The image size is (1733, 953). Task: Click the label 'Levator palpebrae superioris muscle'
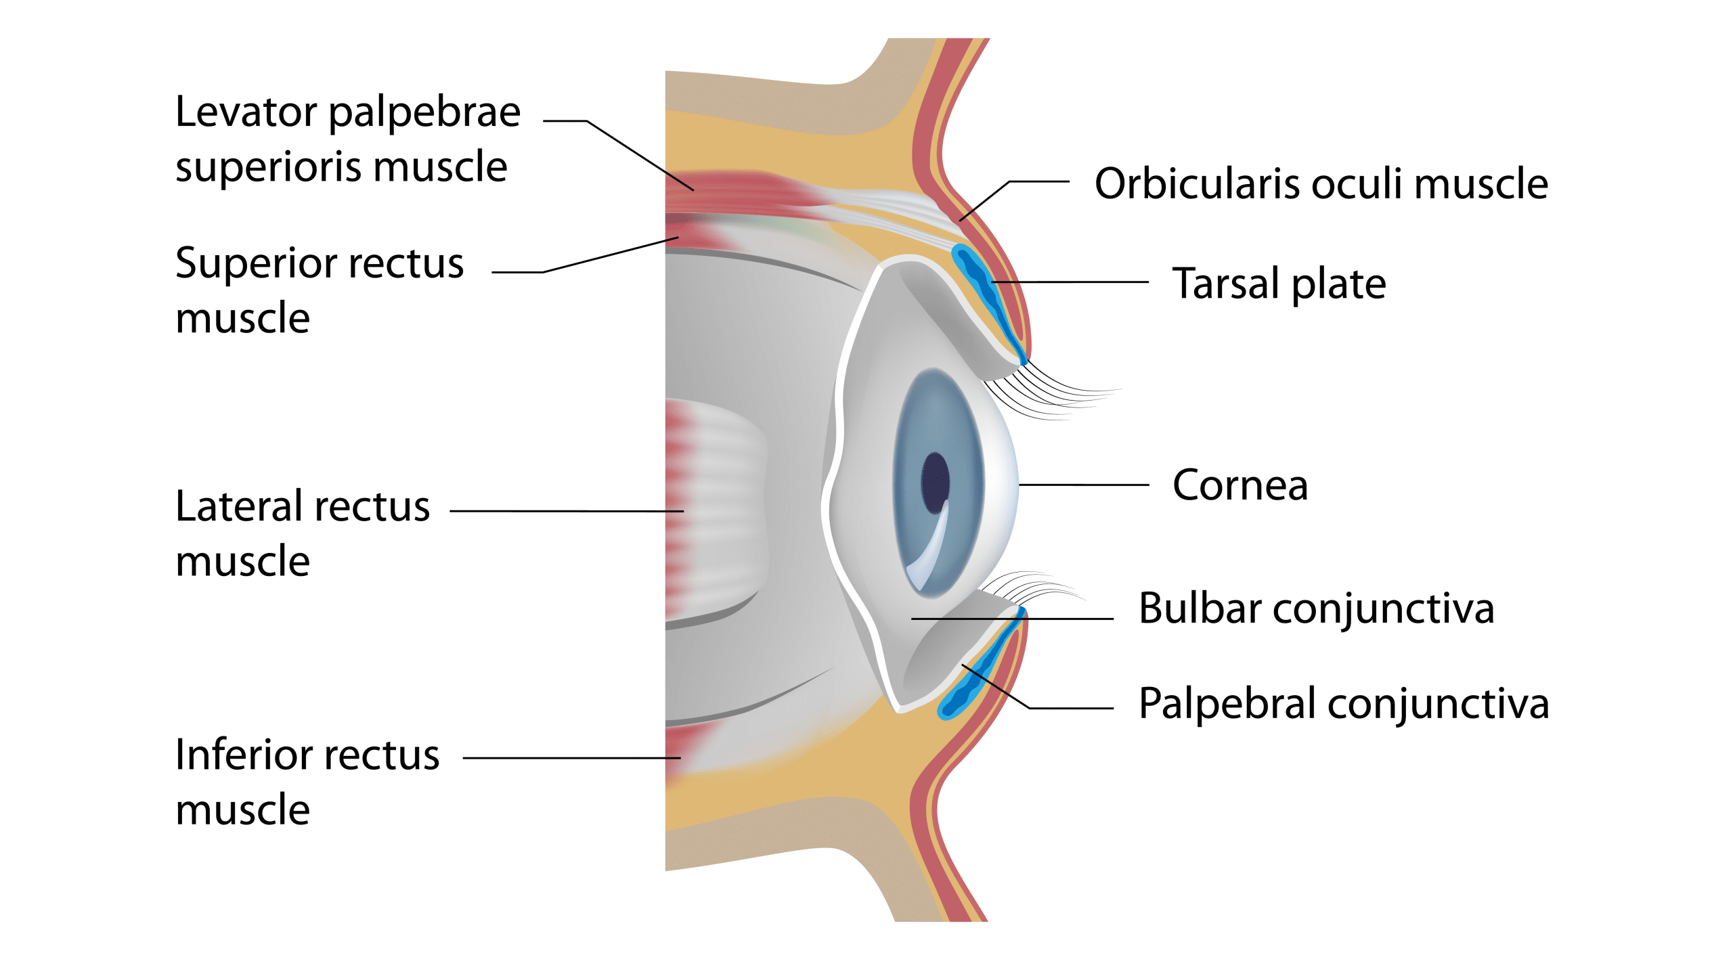click(347, 139)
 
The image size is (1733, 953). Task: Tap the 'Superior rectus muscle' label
click(319, 290)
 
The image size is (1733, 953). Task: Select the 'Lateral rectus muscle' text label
click(302, 533)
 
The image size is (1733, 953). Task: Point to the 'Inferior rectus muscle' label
click(307, 782)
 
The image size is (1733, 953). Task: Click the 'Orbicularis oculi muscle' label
click(1321, 183)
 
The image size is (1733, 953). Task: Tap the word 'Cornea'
click(1240, 485)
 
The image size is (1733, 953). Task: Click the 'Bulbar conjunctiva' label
click(1316, 608)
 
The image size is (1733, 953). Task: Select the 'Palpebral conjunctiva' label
click(1344, 703)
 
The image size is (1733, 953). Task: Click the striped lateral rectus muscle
click(718, 508)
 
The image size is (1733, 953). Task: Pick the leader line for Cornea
click(1083, 485)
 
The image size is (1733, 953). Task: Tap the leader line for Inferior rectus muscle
click(569, 758)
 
